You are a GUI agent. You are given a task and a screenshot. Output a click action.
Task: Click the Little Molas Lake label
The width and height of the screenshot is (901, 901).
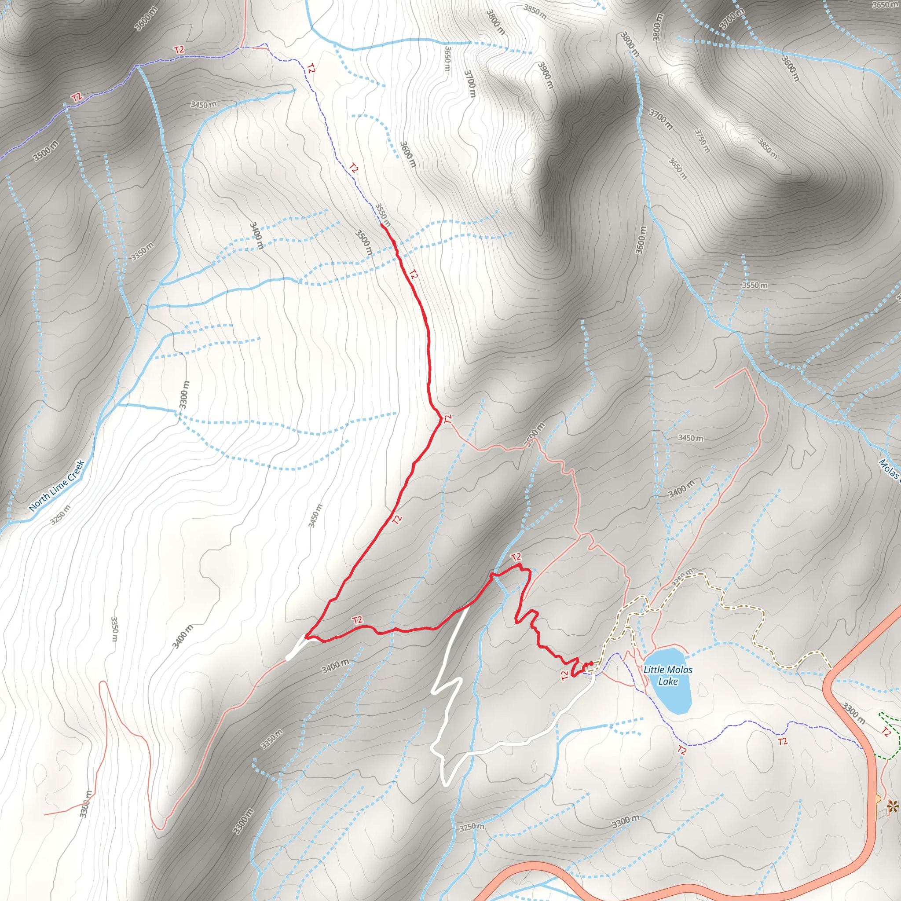(668, 675)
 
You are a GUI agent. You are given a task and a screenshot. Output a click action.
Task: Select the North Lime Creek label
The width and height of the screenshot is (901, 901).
(56, 486)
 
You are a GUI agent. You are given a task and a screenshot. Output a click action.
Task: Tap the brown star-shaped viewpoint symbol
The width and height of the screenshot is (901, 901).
(892, 806)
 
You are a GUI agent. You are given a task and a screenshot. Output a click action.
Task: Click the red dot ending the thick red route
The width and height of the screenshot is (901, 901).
(591, 663)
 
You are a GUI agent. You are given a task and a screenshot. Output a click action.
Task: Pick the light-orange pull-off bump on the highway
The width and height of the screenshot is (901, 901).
(878, 799)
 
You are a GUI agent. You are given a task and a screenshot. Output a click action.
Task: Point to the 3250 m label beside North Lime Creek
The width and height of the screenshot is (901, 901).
(61, 514)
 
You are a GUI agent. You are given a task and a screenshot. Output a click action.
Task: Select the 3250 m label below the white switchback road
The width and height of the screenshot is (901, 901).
(472, 826)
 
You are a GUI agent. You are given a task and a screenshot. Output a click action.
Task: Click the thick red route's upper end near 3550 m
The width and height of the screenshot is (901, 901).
(382, 225)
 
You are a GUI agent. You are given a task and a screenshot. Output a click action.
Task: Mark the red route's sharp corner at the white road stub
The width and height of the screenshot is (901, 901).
(306, 636)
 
